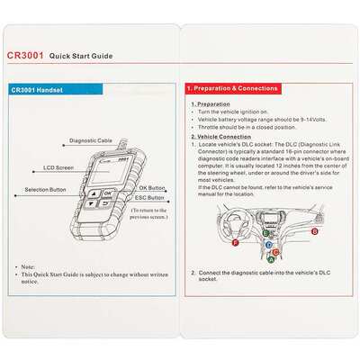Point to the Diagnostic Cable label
(x=91, y=141)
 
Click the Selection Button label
(x=44, y=191)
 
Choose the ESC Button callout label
(x=150, y=198)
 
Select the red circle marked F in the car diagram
(x=235, y=243)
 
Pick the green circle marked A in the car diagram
(x=271, y=257)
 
